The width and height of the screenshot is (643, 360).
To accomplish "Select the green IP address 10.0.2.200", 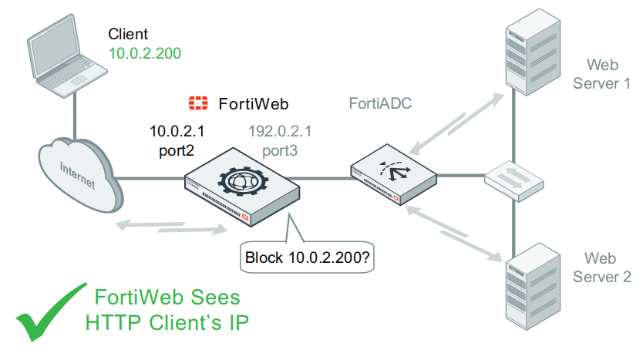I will (144, 53).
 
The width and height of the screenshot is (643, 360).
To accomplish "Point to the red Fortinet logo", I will (199, 103).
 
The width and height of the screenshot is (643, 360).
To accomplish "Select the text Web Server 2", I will (607, 267).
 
